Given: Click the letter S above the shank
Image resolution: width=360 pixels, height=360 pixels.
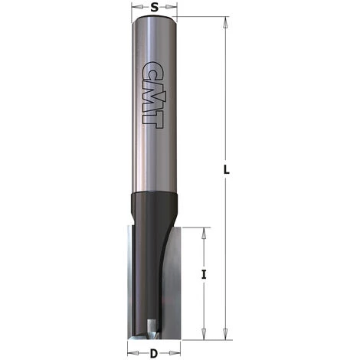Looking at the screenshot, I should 155,8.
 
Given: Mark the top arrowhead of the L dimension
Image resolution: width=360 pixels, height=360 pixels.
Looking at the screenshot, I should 226,23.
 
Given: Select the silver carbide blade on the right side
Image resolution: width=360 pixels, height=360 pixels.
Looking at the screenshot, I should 169,283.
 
